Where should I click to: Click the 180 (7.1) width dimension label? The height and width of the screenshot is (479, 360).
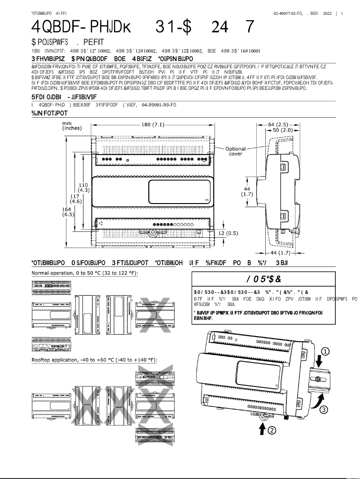(x=153, y=124)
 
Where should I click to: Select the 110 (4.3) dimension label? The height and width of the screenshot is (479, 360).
(x=83, y=187)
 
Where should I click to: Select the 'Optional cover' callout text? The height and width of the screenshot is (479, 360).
(x=236, y=151)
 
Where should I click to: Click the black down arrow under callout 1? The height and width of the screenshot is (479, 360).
(x=319, y=360)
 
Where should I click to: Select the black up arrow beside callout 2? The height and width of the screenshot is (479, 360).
(x=262, y=429)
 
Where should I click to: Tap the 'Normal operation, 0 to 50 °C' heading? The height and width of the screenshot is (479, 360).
(x=85, y=273)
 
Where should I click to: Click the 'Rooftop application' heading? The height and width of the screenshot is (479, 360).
(x=95, y=360)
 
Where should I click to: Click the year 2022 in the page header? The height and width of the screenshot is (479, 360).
(x=327, y=13)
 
